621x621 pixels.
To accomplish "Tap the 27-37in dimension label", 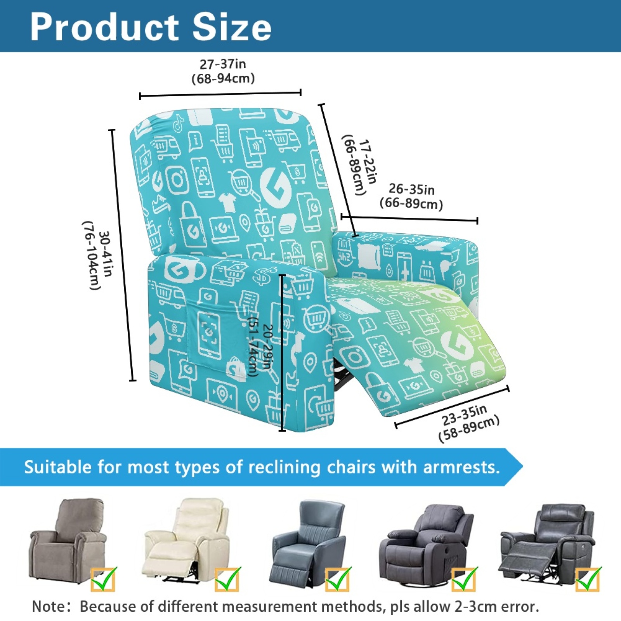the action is pyautogui.click(x=223, y=64).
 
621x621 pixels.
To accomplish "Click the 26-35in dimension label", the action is pyautogui.click(x=411, y=189).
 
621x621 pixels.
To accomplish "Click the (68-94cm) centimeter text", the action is pyautogui.click(x=223, y=78).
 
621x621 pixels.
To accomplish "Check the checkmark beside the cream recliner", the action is pyautogui.click(x=228, y=579).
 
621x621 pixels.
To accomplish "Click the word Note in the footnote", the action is pyautogui.click(x=49, y=606).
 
